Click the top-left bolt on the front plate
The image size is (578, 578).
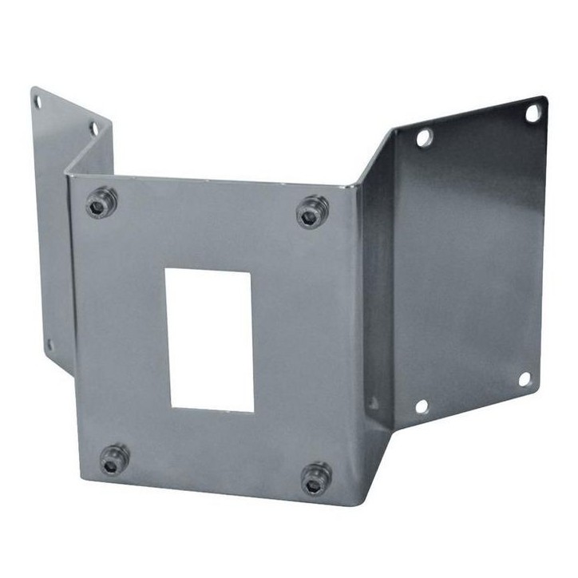pos(101,203)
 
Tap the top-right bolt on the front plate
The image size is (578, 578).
pos(312,212)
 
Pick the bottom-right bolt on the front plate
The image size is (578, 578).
pos(316,478)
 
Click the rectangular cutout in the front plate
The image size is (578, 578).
pos(210,340)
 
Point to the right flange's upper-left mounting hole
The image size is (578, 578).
pos(424,137)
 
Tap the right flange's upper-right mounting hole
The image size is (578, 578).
pos(532,113)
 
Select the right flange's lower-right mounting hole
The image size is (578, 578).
pos(525,378)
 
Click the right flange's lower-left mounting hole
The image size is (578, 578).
pos(422,406)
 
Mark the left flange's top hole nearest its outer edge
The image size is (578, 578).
pos(37,101)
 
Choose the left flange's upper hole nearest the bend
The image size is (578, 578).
pos(93,128)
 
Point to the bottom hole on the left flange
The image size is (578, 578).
pos(49,345)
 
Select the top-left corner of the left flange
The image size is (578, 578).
pos(33,89)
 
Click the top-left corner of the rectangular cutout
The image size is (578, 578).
pos(166,269)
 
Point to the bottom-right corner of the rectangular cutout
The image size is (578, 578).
pos(253,411)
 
